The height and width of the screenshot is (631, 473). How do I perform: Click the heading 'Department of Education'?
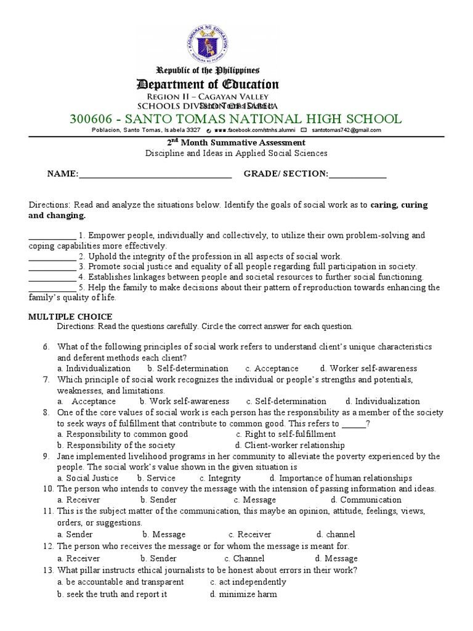pyautogui.click(x=208, y=84)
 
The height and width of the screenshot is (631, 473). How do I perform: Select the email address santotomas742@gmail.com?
pyautogui.click(x=346, y=131)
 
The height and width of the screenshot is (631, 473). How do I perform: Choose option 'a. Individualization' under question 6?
pyautogui.click(x=94, y=368)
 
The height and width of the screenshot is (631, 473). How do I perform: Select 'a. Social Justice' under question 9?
pyautogui.click(x=87, y=478)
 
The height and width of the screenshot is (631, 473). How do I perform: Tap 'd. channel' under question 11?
pyautogui.click(x=336, y=535)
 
